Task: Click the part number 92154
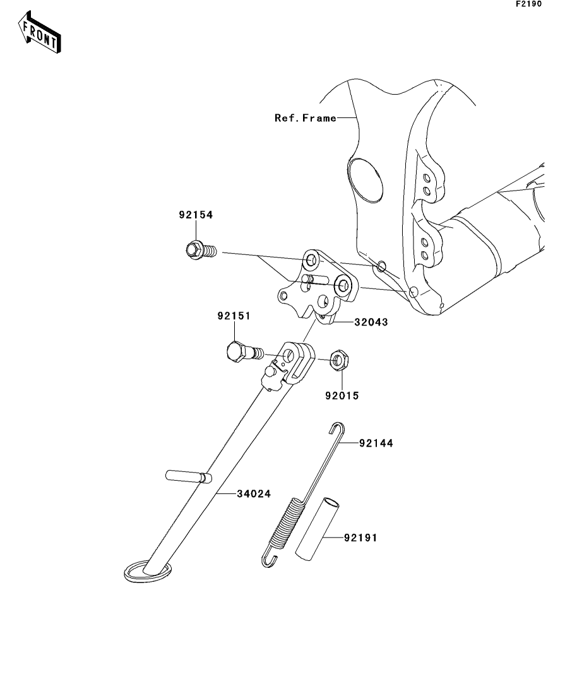[x=195, y=215]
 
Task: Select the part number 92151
[x=234, y=317]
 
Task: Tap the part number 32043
[x=371, y=322]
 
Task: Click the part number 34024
[x=254, y=493]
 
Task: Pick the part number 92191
[x=361, y=538]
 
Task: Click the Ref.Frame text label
[x=305, y=118]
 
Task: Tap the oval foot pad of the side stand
[x=147, y=570]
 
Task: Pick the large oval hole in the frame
[x=366, y=180]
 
